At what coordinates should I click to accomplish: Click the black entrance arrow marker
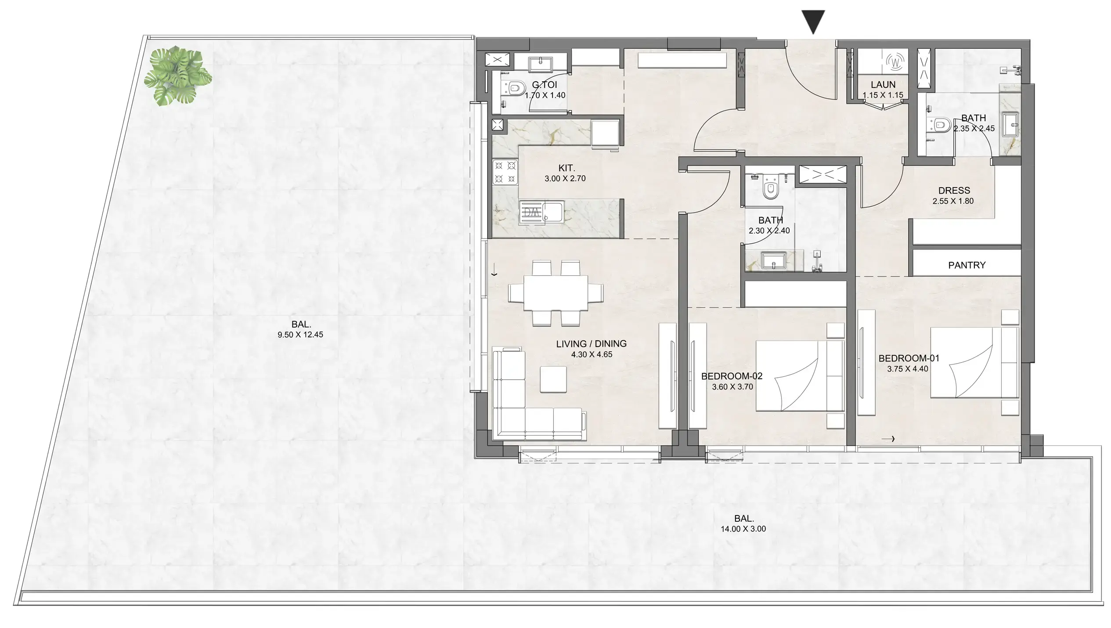tap(813, 21)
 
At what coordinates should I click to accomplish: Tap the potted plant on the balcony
tap(177, 76)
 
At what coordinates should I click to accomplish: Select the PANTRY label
tap(967, 265)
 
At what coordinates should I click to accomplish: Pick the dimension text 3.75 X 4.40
tap(907, 369)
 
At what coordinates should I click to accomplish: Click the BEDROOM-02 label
tap(732, 376)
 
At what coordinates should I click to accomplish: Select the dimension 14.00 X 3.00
tap(743, 529)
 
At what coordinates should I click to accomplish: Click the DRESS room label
tap(954, 191)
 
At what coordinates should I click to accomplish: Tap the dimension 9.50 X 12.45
tap(300, 335)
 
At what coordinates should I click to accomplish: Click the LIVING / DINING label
tap(591, 344)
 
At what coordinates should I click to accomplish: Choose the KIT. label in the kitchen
tap(566, 168)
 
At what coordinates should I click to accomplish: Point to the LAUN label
tap(883, 85)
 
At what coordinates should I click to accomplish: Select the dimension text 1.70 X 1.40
tap(545, 95)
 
